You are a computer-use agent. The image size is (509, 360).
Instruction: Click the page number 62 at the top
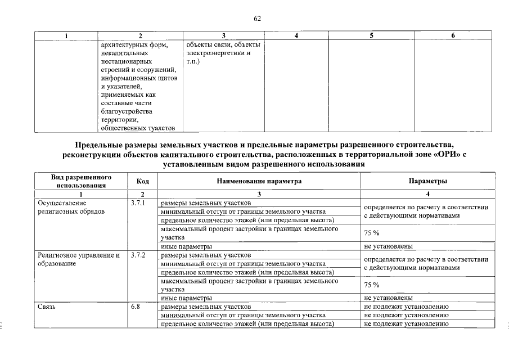tap(257, 18)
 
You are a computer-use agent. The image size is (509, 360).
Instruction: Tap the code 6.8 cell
tap(136, 307)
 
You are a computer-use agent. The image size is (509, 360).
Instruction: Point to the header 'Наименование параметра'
tap(259, 181)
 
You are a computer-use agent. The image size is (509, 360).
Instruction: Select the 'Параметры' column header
tap(428, 181)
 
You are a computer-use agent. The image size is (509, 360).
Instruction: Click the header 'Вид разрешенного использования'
tap(81, 181)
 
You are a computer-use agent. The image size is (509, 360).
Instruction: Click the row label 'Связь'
tap(47, 307)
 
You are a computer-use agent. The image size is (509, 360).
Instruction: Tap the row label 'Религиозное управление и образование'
tap(79, 259)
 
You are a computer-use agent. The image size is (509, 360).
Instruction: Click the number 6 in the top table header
tap(454, 35)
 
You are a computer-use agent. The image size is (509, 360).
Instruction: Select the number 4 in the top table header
tap(296, 35)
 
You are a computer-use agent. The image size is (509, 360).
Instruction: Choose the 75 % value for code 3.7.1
tap(372, 233)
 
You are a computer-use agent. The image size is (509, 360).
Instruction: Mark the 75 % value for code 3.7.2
tap(372, 285)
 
